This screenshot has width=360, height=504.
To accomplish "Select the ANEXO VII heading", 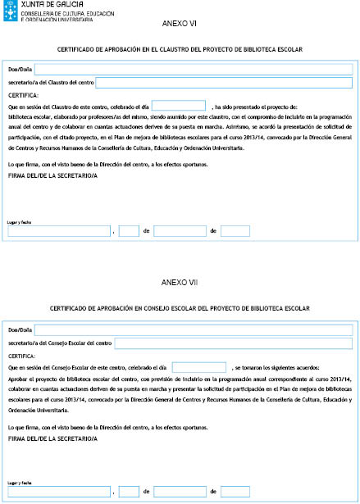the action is (180, 283).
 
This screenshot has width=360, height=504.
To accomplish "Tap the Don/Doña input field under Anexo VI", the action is (193, 69).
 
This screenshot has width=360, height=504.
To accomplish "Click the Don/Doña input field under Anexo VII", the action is (193, 329).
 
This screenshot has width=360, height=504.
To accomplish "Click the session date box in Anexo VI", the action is (178, 106).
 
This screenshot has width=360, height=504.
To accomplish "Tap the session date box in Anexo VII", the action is (199, 368).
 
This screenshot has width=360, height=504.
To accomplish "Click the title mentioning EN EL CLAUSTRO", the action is (180, 50).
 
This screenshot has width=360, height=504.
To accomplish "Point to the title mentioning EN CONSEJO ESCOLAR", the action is (180, 308).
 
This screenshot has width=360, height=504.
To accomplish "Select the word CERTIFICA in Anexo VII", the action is (22, 356).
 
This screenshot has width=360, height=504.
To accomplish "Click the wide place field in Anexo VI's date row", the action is (59, 231).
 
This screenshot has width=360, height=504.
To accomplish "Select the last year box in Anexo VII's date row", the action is (235, 492).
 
